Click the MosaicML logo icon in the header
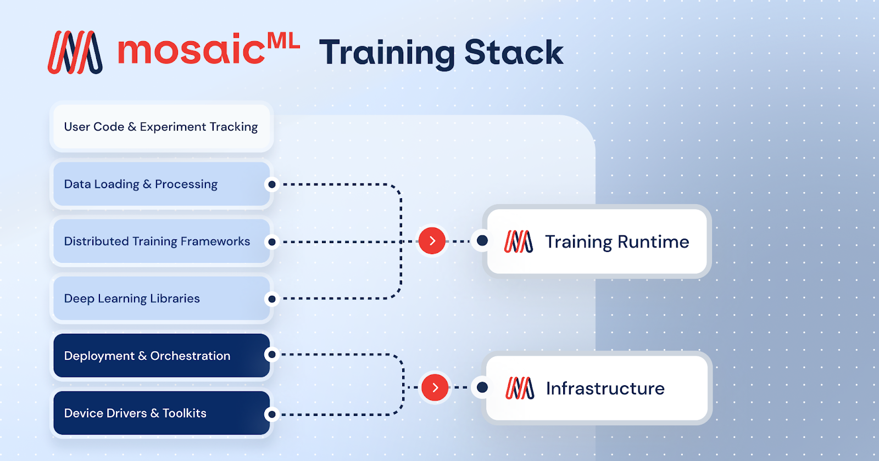click(75, 53)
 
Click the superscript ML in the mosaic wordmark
click(283, 41)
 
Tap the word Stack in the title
click(514, 53)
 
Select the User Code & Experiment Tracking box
click(161, 127)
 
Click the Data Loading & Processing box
click(161, 184)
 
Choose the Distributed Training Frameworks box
click(161, 241)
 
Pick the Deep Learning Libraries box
click(161, 299)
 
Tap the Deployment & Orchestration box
click(161, 356)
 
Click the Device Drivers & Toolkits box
click(161, 413)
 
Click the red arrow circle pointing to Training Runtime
click(432, 241)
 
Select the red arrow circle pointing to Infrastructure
click(435, 387)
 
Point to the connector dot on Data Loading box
click(271, 184)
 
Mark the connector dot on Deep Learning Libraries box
click(271, 299)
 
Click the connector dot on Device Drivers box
click(271, 414)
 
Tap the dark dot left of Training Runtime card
click(482, 240)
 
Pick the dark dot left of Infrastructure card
click(482, 387)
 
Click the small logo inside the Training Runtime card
click(519, 241)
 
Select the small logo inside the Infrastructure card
click(520, 388)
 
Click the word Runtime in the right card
click(653, 241)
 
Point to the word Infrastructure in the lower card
click(605, 389)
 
